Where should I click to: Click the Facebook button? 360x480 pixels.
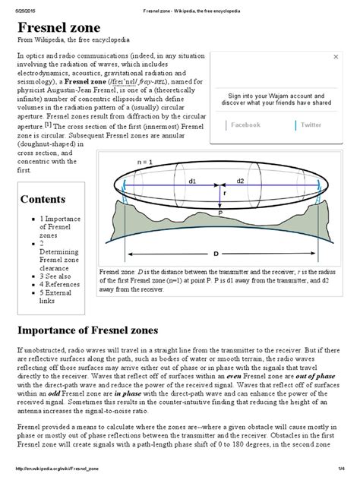point(245,125)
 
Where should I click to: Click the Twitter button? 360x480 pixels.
point(311,125)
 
